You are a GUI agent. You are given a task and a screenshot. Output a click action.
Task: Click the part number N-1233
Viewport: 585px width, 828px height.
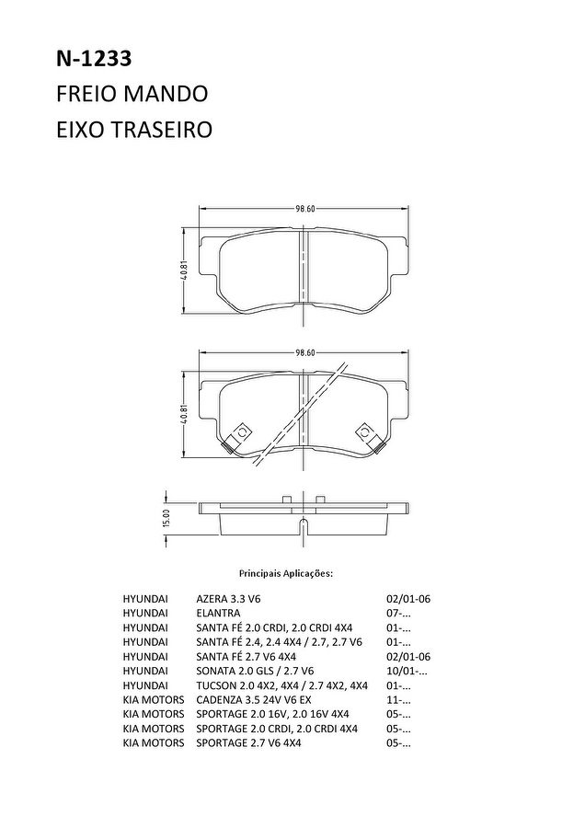tap(94, 59)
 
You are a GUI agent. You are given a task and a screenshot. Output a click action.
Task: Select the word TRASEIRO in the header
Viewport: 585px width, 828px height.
tap(161, 130)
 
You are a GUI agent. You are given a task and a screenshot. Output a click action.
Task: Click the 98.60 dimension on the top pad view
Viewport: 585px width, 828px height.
tap(304, 209)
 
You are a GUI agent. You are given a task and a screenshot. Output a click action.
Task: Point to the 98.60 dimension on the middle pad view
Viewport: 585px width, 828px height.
tap(304, 352)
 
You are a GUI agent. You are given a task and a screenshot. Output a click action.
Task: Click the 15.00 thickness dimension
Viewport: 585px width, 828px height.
tap(166, 518)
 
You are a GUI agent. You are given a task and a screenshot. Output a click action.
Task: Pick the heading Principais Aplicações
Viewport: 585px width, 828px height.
tap(286, 573)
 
